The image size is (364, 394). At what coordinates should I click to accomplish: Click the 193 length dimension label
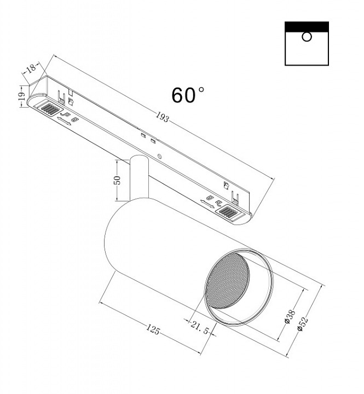pyautogui.click(x=162, y=117)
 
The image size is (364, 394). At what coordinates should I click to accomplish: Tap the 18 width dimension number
pyautogui.click(x=32, y=68)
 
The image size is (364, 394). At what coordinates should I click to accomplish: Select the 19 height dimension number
pyautogui.click(x=21, y=96)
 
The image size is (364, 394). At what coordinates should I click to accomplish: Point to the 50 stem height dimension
pyautogui.click(x=117, y=180)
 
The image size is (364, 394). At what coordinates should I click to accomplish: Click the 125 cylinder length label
pyautogui.click(x=153, y=329)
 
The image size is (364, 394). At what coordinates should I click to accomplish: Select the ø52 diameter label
pyautogui.click(x=302, y=324)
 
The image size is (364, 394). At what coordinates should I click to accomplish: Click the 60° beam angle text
pyautogui.click(x=188, y=95)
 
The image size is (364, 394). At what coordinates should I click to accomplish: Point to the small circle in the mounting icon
pyautogui.click(x=307, y=37)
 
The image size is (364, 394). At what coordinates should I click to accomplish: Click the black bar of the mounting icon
pyautogui.click(x=307, y=27)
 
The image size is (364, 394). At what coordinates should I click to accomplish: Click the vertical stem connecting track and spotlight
pyautogui.click(x=140, y=178)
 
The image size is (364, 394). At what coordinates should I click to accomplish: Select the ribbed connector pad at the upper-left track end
pyautogui.click(x=51, y=108)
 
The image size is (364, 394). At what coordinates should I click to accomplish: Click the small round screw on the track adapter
pyautogui.click(x=159, y=156)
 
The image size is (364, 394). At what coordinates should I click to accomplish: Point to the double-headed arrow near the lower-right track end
pyautogui.click(x=207, y=204)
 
